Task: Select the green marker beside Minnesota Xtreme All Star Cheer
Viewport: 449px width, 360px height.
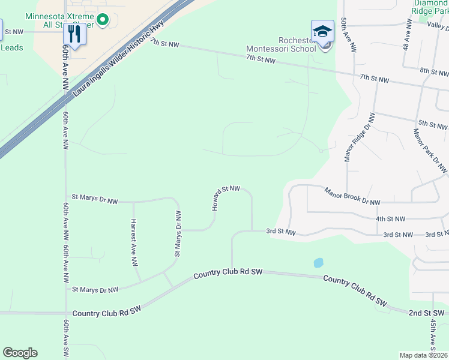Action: [x=103, y=20]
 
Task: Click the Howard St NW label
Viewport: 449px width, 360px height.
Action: [x=225, y=197]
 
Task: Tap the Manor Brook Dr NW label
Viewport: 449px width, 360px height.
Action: [x=352, y=197]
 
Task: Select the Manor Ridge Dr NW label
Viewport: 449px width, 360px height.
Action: [x=359, y=137]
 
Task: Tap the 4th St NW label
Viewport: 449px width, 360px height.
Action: [x=390, y=220]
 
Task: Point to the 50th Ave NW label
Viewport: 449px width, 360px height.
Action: [x=348, y=33]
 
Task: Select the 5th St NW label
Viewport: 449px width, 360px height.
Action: [x=432, y=125]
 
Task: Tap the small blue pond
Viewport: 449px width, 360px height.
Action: [x=318, y=263]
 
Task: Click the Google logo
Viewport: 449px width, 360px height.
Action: [x=20, y=353]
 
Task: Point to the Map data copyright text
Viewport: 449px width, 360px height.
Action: [x=424, y=355]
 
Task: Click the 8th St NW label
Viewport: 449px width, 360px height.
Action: [x=434, y=71]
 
